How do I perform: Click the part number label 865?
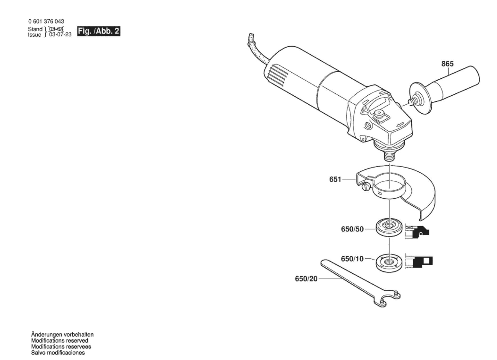pos(447,64)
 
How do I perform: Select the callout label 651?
pos(335,179)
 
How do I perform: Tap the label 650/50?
pos(352,229)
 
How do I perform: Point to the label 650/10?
pos(352,259)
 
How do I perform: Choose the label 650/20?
pos(306,279)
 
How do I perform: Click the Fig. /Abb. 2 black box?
pos(99,31)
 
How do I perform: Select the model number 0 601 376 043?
pos(46,21)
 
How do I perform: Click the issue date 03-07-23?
pos(60,35)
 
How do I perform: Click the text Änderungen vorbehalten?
pos(62,335)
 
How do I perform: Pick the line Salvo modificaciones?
pos(58,353)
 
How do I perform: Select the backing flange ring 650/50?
pos(389,228)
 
